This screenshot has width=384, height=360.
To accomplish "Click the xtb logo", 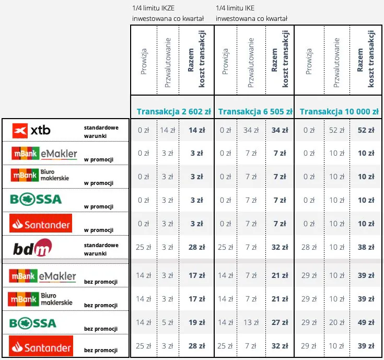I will point(32,130).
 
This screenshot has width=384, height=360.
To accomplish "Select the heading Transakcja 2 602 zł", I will point(173,111).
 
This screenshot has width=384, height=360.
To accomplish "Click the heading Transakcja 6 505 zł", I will point(255,111).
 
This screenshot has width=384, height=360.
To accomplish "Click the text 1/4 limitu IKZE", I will point(156,8).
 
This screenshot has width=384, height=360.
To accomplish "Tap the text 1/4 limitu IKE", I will point(237,8).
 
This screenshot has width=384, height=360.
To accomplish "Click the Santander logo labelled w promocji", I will point(41,224).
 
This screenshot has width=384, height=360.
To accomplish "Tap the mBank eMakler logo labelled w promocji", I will point(44,154).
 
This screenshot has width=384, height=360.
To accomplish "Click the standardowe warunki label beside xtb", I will point(101,131).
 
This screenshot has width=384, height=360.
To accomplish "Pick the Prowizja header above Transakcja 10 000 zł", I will point(309,62).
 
